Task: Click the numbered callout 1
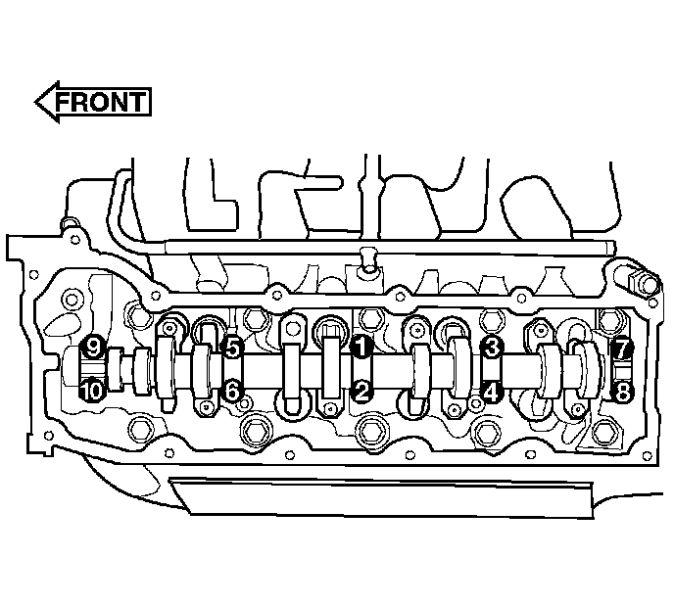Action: click(x=361, y=347)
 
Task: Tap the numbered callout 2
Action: click(x=361, y=391)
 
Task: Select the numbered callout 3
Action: click(x=492, y=348)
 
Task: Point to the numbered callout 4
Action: click(x=492, y=391)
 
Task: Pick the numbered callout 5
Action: click(x=232, y=349)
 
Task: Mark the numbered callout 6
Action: click(x=232, y=391)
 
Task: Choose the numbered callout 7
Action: click(x=621, y=349)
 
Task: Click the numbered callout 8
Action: click(x=621, y=392)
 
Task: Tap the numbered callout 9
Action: click(x=92, y=347)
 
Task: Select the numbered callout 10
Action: click(x=92, y=391)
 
